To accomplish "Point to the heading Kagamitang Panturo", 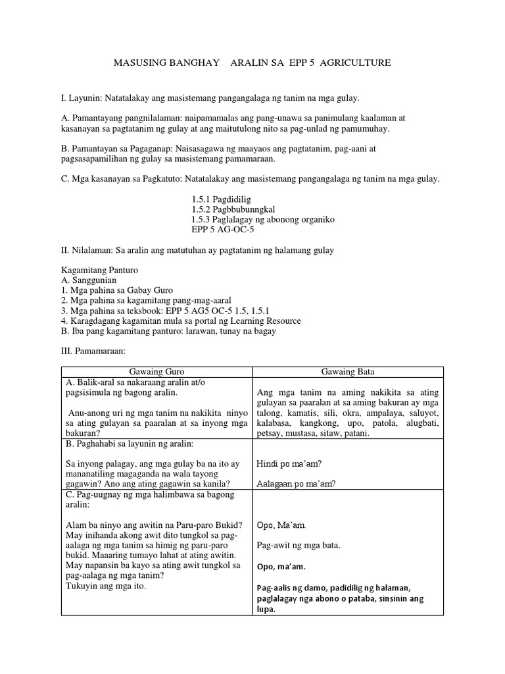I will tap(99, 270).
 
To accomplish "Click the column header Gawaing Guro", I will tap(156, 372).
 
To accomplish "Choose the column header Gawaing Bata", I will tap(348, 372).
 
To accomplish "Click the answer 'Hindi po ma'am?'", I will tap(289, 463).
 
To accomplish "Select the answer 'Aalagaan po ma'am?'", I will tap(297, 484).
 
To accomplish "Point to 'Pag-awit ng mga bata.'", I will tap(299, 546).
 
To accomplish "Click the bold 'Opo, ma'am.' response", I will tap(281, 567).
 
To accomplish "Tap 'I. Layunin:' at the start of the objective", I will tap(82, 98).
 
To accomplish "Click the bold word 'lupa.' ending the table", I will tap(266, 609).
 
